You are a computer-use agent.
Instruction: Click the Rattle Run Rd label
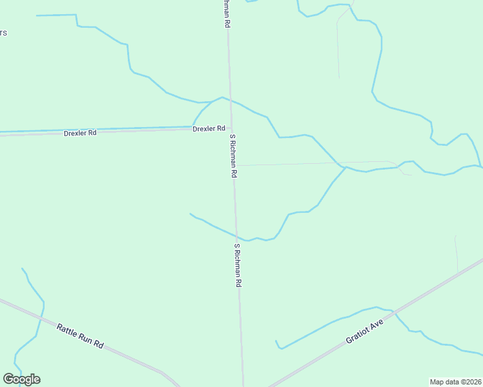click(x=80, y=336)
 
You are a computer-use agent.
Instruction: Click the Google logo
click(x=21, y=379)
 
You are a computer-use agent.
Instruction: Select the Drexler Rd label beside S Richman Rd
click(x=209, y=128)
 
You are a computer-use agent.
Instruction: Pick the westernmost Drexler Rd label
click(x=80, y=133)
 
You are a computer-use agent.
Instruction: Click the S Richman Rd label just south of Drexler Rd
click(x=233, y=156)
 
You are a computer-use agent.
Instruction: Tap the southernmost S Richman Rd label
click(x=238, y=265)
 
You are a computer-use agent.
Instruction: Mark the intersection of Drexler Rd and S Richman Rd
click(x=231, y=128)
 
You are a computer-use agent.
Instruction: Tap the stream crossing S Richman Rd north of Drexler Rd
click(x=230, y=100)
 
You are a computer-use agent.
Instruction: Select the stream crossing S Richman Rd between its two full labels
click(x=236, y=236)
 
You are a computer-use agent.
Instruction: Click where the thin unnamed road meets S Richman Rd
click(x=233, y=166)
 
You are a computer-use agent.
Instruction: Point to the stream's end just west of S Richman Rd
click(x=190, y=213)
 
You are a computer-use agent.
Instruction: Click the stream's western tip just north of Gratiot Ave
click(x=276, y=341)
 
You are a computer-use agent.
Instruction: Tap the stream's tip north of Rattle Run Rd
click(x=22, y=268)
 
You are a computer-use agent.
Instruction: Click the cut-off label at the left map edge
click(x=3, y=33)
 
